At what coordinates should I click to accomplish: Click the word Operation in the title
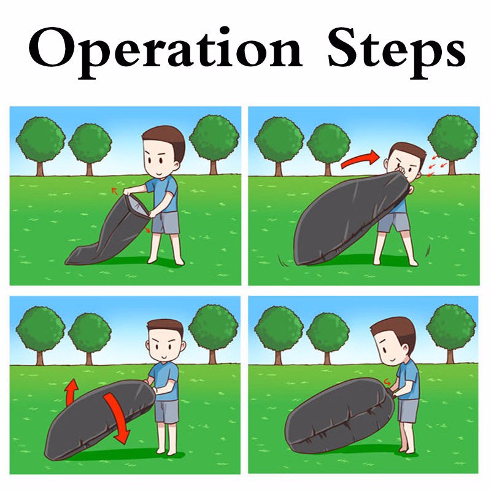tap(165, 51)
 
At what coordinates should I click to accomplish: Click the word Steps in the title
tap(396, 51)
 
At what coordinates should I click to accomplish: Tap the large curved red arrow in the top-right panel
tap(360, 159)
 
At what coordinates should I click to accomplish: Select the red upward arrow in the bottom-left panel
tap(72, 392)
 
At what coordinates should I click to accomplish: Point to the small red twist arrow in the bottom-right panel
tap(387, 382)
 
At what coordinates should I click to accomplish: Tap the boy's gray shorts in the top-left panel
tap(165, 223)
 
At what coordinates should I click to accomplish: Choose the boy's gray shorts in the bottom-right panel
tap(408, 411)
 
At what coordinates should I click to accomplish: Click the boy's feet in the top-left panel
tap(166, 260)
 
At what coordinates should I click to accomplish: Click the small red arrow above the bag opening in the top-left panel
tap(115, 191)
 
